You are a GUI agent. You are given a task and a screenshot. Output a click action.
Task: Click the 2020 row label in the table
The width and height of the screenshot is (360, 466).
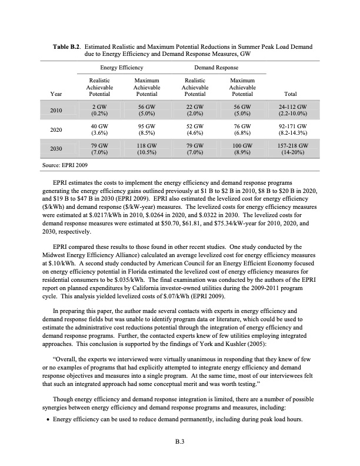coord(57,129)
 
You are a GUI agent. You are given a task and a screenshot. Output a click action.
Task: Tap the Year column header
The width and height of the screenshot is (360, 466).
coord(57,94)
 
